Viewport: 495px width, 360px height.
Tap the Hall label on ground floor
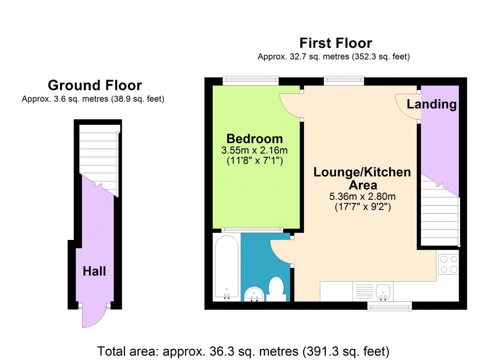tap(94, 271)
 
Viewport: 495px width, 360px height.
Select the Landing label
tap(432, 104)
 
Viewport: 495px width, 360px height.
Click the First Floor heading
tap(335, 43)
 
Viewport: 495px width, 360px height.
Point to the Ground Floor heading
tap(95, 86)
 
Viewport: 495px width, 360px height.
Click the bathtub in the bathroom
tap(226, 267)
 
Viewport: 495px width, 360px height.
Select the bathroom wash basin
tap(254, 294)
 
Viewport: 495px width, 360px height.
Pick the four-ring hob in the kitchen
tap(448, 264)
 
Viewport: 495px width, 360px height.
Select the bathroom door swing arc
tap(280, 252)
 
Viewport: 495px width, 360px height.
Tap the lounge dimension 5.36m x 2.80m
tap(362, 196)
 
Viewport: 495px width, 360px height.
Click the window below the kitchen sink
tap(390, 305)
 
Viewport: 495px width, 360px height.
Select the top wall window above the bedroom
tap(250, 81)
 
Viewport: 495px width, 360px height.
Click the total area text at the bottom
tap(243, 350)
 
